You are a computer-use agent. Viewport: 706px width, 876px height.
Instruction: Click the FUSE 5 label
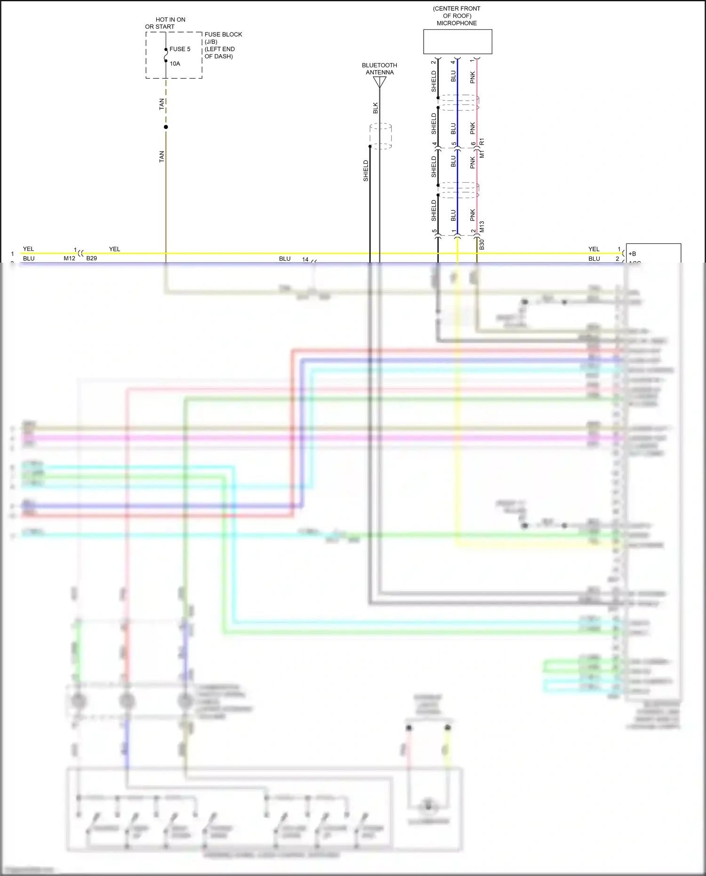tap(180, 49)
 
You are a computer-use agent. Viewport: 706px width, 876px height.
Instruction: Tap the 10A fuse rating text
tap(175, 64)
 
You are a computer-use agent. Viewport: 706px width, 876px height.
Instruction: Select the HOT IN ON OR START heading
tap(165, 23)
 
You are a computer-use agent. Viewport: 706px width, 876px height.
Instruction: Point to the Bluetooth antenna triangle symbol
tap(380, 82)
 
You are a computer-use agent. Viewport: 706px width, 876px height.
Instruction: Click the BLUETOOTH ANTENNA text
tap(379, 69)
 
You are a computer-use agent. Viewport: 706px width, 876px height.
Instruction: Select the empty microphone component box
tap(457, 42)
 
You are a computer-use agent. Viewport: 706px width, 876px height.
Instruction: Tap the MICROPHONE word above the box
tap(457, 23)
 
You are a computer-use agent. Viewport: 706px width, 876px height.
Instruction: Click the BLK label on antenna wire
tap(375, 108)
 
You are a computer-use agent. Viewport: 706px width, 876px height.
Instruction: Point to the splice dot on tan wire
tap(166, 127)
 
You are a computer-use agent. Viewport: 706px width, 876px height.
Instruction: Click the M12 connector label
tap(69, 258)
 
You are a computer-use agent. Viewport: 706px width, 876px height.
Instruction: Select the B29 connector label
tap(91, 258)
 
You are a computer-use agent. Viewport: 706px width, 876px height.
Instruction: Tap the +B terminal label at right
tap(632, 254)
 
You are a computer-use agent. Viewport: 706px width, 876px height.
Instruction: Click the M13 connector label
tap(481, 227)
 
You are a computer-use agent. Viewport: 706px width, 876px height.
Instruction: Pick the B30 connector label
tap(481, 244)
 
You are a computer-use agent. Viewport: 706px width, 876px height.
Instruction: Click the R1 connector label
tap(481, 142)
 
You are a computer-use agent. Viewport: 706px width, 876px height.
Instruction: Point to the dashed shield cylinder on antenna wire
tap(381, 136)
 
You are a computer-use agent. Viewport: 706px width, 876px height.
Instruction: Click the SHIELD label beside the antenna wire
tap(366, 171)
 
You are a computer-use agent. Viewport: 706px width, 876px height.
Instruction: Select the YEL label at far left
tap(28, 249)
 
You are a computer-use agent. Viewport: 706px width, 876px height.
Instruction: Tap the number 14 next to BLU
tap(305, 259)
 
